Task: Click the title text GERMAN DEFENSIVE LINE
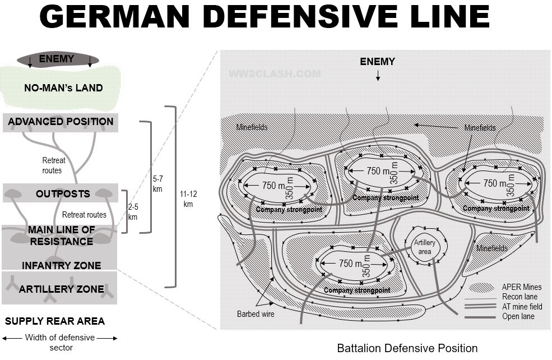click(265, 17)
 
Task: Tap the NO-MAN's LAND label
click(63, 87)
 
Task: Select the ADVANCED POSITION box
click(61, 122)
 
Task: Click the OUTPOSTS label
click(63, 194)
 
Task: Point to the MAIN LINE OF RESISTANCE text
click(61, 236)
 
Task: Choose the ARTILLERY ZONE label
click(61, 289)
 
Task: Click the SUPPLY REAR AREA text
click(55, 321)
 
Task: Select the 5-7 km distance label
click(157, 184)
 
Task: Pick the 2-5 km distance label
click(133, 211)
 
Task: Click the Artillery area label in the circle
click(425, 247)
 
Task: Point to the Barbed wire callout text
click(256, 314)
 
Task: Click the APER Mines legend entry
click(522, 288)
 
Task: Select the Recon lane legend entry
click(519, 297)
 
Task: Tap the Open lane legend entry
click(518, 316)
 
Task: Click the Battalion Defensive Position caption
click(407, 348)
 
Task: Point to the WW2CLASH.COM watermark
click(275, 73)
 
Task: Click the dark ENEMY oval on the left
click(58, 59)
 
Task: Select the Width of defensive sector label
click(60, 342)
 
